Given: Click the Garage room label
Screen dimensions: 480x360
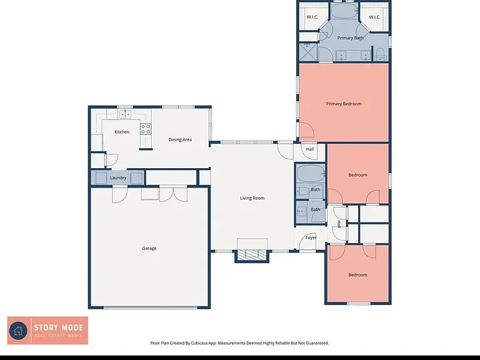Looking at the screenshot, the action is coord(149,248).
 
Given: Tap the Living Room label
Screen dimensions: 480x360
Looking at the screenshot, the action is coord(252,198).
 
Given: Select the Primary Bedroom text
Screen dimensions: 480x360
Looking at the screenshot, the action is coord(344,104).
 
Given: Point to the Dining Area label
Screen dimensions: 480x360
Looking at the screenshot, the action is coord(180,139).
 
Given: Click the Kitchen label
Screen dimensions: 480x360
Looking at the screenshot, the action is coord(122,132).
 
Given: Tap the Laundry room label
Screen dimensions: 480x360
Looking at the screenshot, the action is coord(118,177).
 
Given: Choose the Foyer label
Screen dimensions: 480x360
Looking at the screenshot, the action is coord(311,237).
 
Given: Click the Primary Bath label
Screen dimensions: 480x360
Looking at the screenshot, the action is coord(351,38).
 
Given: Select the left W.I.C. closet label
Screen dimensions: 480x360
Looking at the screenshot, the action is coord(312,17).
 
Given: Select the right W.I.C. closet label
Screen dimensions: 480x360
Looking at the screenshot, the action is coord(374,17).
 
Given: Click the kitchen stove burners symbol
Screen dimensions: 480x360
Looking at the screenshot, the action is coord(146,129).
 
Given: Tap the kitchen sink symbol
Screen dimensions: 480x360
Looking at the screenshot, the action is coord(125,114).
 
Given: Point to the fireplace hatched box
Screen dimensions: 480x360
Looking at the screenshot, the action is coord(252,254).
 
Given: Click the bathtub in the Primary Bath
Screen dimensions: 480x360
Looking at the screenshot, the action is coord(344,11).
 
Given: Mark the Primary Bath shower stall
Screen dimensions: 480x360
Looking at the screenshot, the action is coord(308,52).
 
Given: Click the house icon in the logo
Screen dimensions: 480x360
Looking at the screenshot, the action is coord(18,331).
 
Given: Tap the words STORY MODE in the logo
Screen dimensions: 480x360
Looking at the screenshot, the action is coord(59,327).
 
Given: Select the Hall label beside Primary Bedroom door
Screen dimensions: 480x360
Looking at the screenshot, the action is coord(310,149).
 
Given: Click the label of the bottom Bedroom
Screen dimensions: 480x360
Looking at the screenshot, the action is coord(357,274).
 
